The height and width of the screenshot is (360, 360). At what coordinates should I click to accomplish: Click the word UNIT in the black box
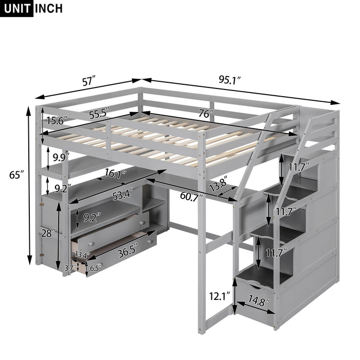tap(17, 9)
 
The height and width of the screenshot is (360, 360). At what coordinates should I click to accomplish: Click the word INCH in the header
tap(49, 9)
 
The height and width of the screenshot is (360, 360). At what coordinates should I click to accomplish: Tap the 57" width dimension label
tap(88, 80)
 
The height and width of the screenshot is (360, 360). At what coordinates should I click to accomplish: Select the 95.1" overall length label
tap(230, 80)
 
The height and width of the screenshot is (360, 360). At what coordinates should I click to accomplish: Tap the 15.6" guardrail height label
tap(57, 121)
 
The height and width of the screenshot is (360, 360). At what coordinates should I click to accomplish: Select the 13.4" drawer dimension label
tap(82, 254)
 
